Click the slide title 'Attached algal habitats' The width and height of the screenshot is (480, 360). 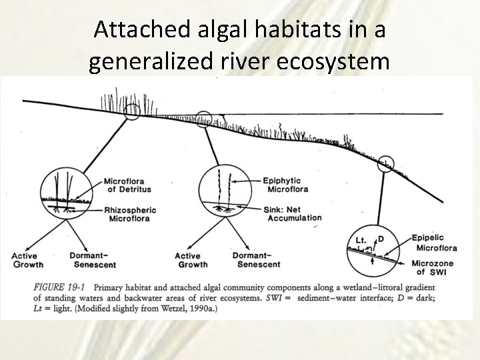240,30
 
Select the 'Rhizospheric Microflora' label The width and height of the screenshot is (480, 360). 131,213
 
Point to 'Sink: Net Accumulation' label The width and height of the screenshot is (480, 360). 292,213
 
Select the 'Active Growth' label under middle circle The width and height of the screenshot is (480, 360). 191,260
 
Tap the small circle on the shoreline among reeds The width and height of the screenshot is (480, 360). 132,111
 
